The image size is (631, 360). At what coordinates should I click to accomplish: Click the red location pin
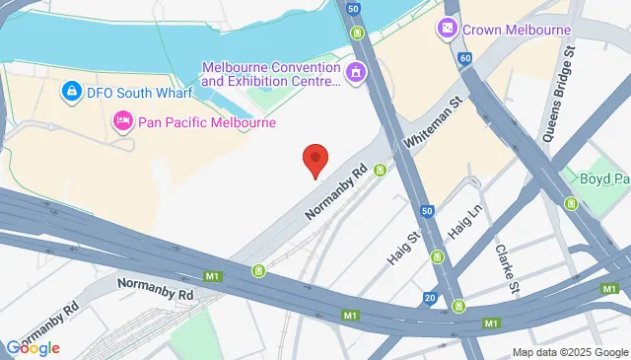(315, 159)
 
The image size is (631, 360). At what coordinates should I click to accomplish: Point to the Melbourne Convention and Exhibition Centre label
(270, 74)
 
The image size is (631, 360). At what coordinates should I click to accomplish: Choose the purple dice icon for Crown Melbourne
(448, 30)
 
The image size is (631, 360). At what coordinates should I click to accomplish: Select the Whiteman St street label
(432, 123)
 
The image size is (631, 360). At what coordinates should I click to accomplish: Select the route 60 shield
(464, 59)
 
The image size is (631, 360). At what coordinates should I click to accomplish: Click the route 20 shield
(430, 297)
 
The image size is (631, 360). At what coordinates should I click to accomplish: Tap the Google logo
(33, 347)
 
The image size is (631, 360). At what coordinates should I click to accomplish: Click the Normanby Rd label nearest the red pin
(337, 192)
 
